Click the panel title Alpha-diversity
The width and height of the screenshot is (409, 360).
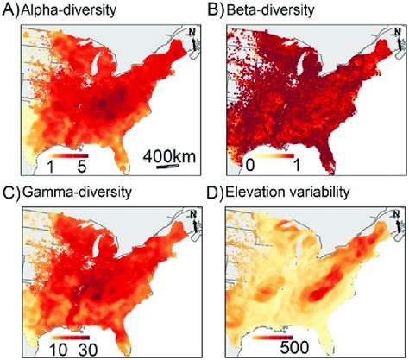point(60,12)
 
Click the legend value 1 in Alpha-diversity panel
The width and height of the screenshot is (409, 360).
point(52,164)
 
